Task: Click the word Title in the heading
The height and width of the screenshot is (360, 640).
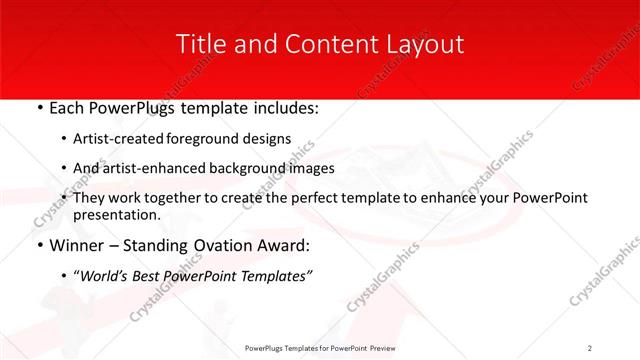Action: click(200, 44)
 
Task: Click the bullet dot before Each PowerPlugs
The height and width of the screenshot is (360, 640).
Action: click(39, 106)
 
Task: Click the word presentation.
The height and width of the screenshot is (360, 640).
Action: click(116, 214)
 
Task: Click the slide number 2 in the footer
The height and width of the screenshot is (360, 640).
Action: click(590, 347)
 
